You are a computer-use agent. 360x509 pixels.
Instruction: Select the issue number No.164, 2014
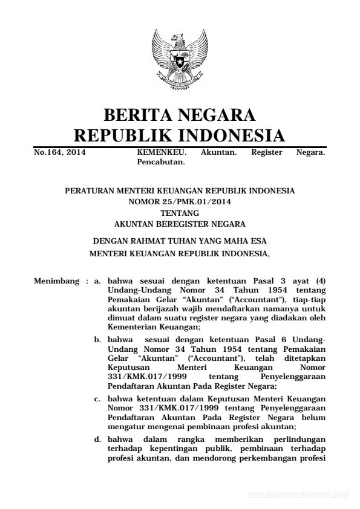pyautogui.click(x=60, y=153)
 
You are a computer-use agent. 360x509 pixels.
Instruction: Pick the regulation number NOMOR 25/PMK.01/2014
pyautogui.click(x=180, y=201)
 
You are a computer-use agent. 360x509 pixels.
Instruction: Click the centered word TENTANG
pyautogui.click(x=180, y=212)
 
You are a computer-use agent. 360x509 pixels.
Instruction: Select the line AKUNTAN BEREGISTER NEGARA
pyautogui.click(x=180, y=222)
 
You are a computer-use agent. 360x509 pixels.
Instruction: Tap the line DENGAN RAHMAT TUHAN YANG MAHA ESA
pyautogui.click(x=180, y=242)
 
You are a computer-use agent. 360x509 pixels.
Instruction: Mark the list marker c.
pyautogui.click(x=97, y=398)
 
